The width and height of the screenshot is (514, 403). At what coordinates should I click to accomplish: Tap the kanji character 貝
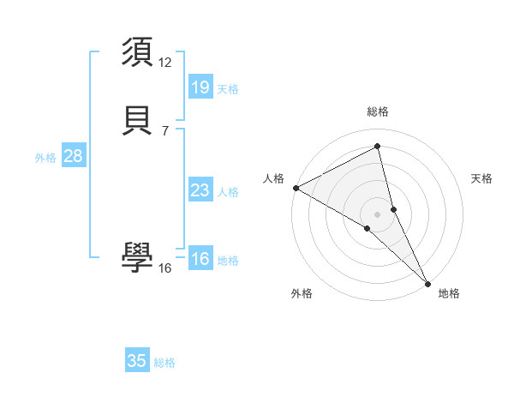pos(137,120)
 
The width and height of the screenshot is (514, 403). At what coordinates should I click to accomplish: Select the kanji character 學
pos(137,257)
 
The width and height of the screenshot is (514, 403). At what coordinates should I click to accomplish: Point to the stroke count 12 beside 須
pos(165,62)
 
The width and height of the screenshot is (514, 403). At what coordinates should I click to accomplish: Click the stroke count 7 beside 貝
pos(165,130)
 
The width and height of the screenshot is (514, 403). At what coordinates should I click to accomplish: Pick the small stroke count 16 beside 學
pos(165,268)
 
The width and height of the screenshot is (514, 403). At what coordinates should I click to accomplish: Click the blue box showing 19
pos(200,87)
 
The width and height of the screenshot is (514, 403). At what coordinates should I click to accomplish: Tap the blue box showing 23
pos(200,190)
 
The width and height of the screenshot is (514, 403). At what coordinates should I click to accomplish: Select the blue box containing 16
pos(200,259)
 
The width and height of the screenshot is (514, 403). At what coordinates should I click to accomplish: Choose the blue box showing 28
pos(73,156)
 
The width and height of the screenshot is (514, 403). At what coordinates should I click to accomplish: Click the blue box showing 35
pos(137,361)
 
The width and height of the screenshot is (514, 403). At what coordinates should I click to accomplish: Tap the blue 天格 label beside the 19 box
pos(228,88)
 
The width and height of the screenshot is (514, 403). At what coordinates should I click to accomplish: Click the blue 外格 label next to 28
pos(45,158)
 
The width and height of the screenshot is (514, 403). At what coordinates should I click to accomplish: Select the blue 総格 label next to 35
pos(164,363)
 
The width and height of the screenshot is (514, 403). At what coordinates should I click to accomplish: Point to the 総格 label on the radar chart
pos(378,111)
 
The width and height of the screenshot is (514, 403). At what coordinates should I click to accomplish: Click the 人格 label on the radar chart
pos(273,178)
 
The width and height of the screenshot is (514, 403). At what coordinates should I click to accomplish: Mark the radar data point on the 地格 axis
pos(427,282)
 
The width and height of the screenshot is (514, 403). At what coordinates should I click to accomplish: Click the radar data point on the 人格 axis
pos(296,188)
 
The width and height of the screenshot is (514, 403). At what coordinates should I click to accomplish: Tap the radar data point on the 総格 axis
pos(378,147)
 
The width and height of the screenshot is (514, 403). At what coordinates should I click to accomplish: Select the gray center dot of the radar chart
pos(378,214)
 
